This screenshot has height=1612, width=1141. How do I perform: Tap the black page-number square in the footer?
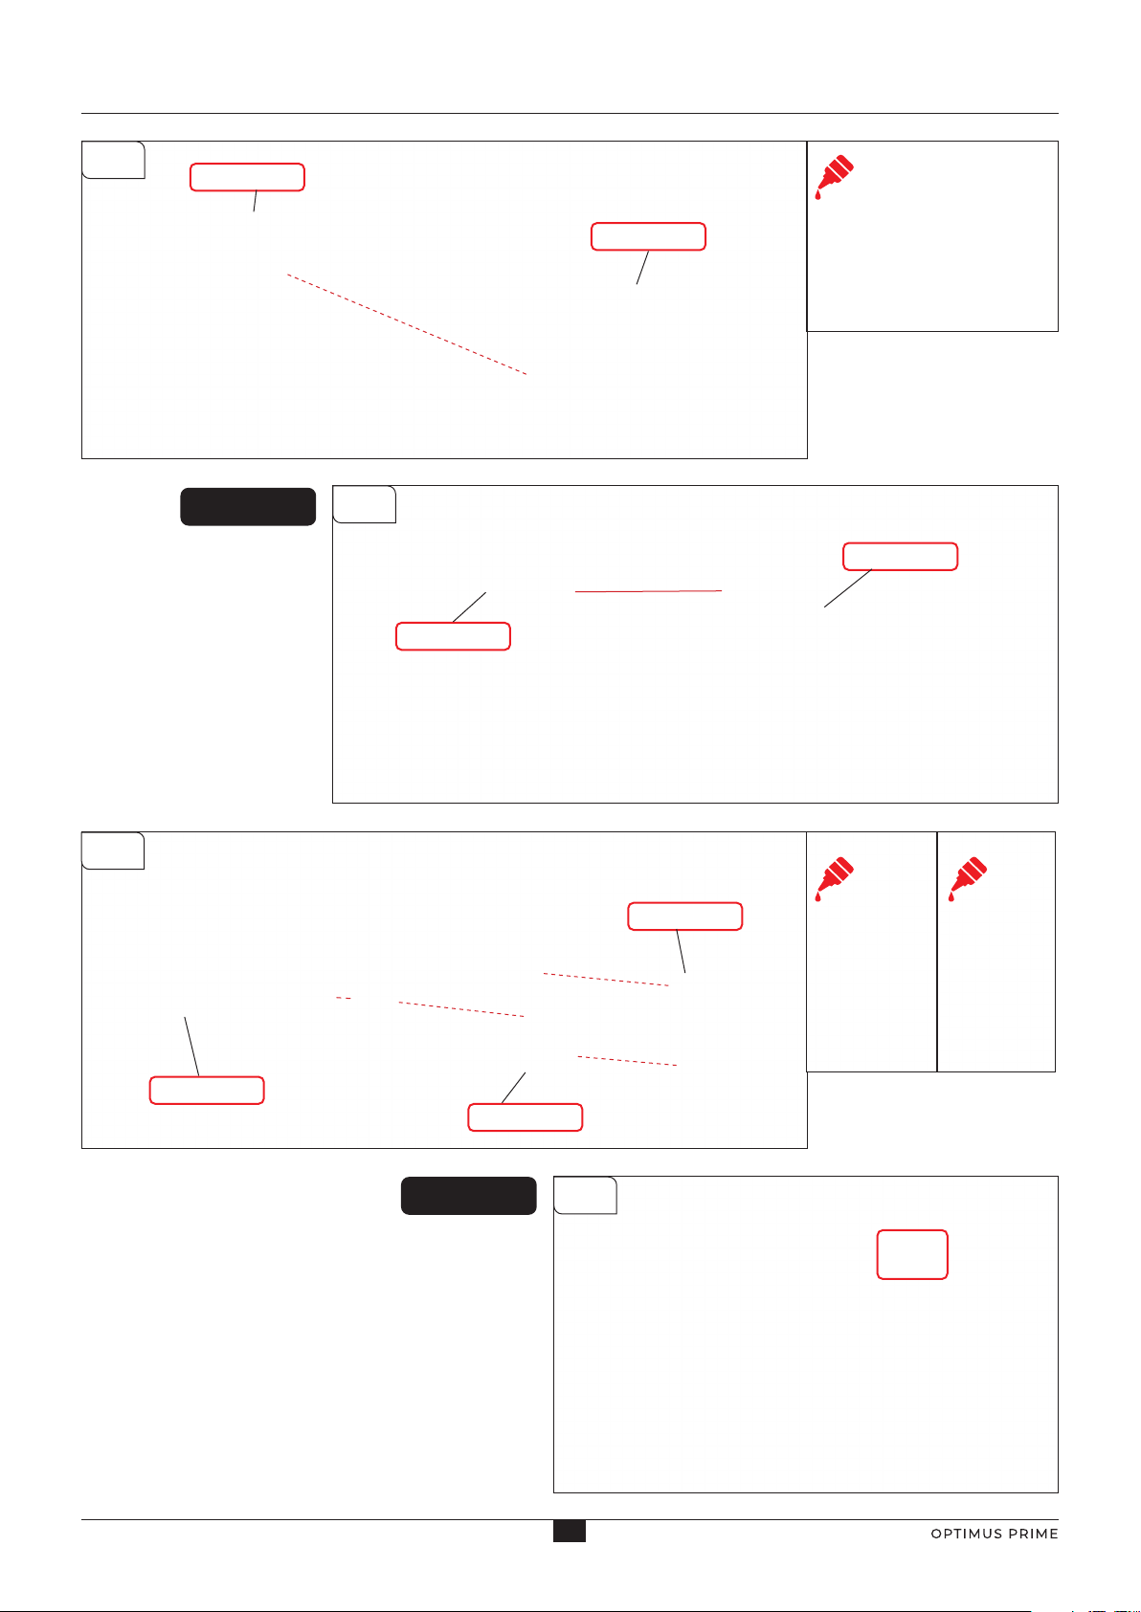pyautogui.click(x=569, y=1531)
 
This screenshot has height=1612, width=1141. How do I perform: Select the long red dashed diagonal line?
pyautogui.click(x=407, y=324)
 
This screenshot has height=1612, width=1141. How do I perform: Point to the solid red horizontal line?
pyautogui.click(x=648, y=591)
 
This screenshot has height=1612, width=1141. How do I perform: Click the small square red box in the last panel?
pyautogui.click(x=912, y=1254)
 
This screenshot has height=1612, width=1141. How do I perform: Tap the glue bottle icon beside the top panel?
pyautogui.click(x=834, y=176)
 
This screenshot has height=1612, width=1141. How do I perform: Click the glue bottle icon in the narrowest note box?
pyautogui.click(x=968, y=878)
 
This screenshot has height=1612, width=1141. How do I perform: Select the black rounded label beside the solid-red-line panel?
pyautogui.click(x=248, y=507)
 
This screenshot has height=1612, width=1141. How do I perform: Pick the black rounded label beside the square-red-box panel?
pyautogui.click(x=469, y=1195)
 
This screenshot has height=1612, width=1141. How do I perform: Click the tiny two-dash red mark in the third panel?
pyautogui.click(x=344, y=998)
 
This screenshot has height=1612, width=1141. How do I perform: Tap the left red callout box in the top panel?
pyautogui.click(x=247, y=177)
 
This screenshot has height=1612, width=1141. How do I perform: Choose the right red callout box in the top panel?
pyautogui.click(x=648, y=236)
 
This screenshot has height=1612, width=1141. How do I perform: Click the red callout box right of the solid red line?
pyautogui.click(x=900, y=556)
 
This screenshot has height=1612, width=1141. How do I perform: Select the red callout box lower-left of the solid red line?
pyautogui.click(x=453, y=636)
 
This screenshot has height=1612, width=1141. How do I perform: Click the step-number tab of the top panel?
pyautogui.click(x=113, y=160)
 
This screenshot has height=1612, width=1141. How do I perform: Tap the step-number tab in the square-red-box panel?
pyautogui.click(x=585, y=1195)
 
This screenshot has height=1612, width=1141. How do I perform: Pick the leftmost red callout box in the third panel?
pyautogui.click(x=207, y=1091)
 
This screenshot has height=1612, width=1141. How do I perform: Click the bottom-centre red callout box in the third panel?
pyautogui.click(x=525, y=1116)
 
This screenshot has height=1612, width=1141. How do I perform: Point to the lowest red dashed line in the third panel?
pyautogui.click(x=627, y=1061)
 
